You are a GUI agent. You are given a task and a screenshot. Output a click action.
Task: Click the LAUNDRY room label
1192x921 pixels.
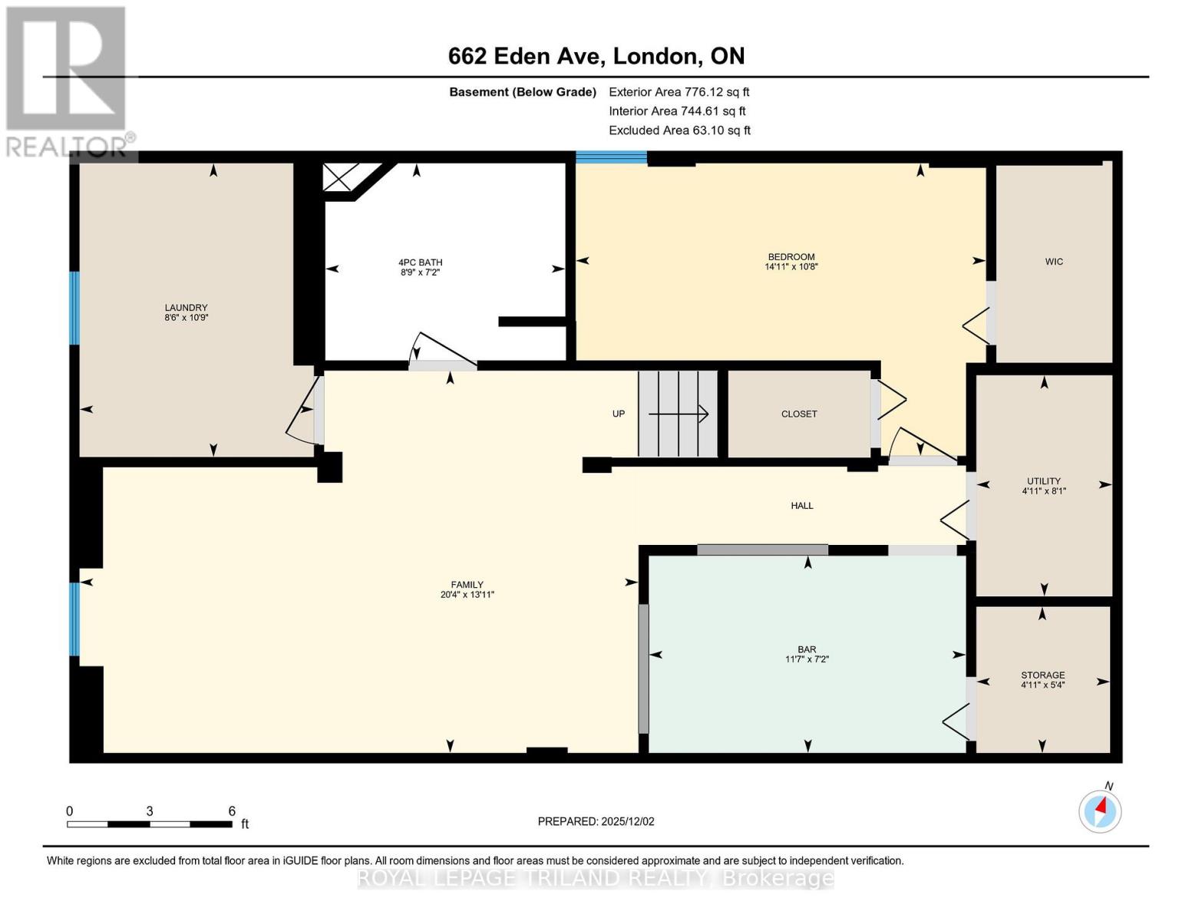[x=186, y=307]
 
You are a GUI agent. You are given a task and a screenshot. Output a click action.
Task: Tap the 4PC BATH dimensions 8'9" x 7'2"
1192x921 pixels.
[x=420, y=272]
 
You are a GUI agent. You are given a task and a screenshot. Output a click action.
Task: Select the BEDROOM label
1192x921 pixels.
[x=791, y=256]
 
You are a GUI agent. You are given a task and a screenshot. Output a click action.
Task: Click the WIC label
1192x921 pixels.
[x=1054, y=262]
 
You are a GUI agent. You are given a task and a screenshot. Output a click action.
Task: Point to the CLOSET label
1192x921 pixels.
[x=799, y=414]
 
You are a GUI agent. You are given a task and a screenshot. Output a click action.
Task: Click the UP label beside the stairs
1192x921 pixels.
[x=619, y=414]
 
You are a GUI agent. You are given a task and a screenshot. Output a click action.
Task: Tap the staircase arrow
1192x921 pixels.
[x=679, y=414]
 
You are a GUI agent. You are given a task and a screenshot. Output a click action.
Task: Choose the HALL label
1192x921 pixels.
[x=802, y=506]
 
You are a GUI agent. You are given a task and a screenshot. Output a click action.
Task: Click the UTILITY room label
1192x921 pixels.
[x=1043, y=481]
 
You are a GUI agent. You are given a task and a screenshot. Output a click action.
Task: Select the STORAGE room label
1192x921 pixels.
[x=1042, y=675]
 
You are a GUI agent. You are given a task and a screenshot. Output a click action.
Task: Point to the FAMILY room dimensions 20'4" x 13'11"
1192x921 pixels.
[x=467, y=595]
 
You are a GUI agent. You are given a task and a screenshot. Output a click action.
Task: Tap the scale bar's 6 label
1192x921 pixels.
[x=232, y=811]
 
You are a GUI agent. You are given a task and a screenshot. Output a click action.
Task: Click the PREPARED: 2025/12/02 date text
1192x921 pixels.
[x=596, y=821]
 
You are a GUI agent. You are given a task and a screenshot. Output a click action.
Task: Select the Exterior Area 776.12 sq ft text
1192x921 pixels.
[x=679, y=92]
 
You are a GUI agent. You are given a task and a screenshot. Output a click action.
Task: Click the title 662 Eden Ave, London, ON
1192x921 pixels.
[x=596, y=56]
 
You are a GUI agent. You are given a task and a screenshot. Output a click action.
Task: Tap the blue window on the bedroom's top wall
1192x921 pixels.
[x=611, y=157]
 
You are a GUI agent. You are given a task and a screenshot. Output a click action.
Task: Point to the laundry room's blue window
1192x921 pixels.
[x=74, y=308]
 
